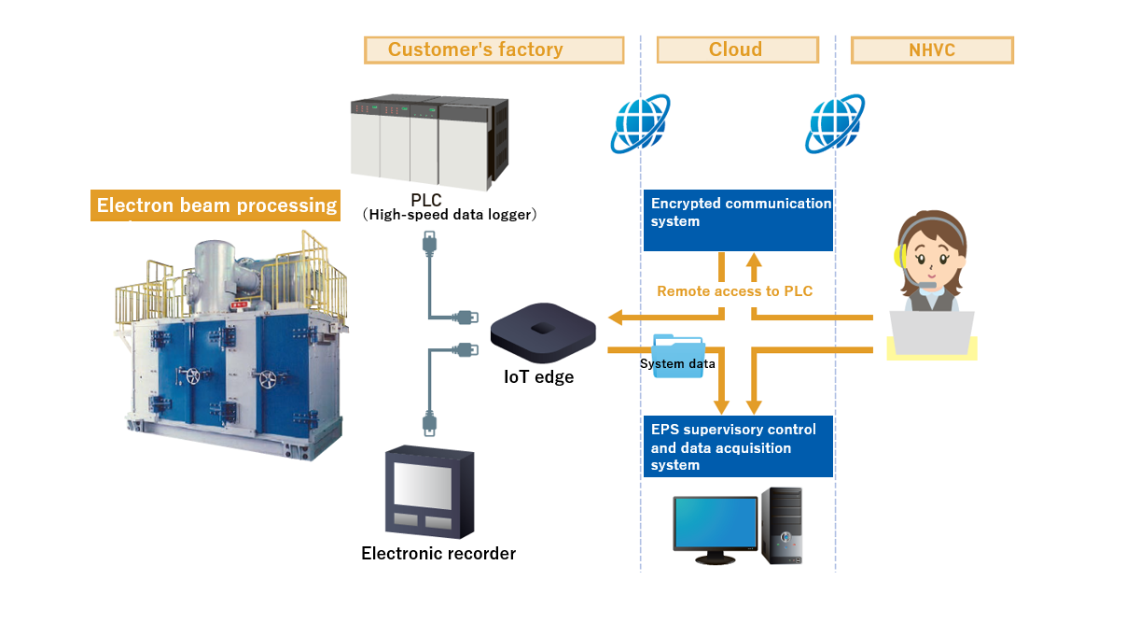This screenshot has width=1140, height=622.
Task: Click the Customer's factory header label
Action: (494, 49)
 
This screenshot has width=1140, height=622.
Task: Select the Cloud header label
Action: (737, 49)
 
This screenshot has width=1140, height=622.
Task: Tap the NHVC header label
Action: (932, 49)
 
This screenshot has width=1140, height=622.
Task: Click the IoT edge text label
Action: (539, 377)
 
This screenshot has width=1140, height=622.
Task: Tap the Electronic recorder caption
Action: (438, 554)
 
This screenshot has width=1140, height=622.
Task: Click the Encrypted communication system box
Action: (738, 220)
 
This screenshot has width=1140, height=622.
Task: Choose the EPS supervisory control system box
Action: (738, 446)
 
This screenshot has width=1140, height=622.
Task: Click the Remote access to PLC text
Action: (735, 291)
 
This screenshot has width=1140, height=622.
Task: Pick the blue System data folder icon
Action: (679, 358)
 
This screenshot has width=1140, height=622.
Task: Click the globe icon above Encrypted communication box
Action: (640, 122)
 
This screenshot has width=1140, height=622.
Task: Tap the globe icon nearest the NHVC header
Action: (835, 122)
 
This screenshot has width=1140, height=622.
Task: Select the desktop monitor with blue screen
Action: (716, 528)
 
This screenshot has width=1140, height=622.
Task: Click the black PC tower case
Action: (781, 525)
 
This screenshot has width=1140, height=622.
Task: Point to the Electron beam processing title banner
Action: (216, 205)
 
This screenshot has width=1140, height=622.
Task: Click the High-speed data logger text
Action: (450, 216)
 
